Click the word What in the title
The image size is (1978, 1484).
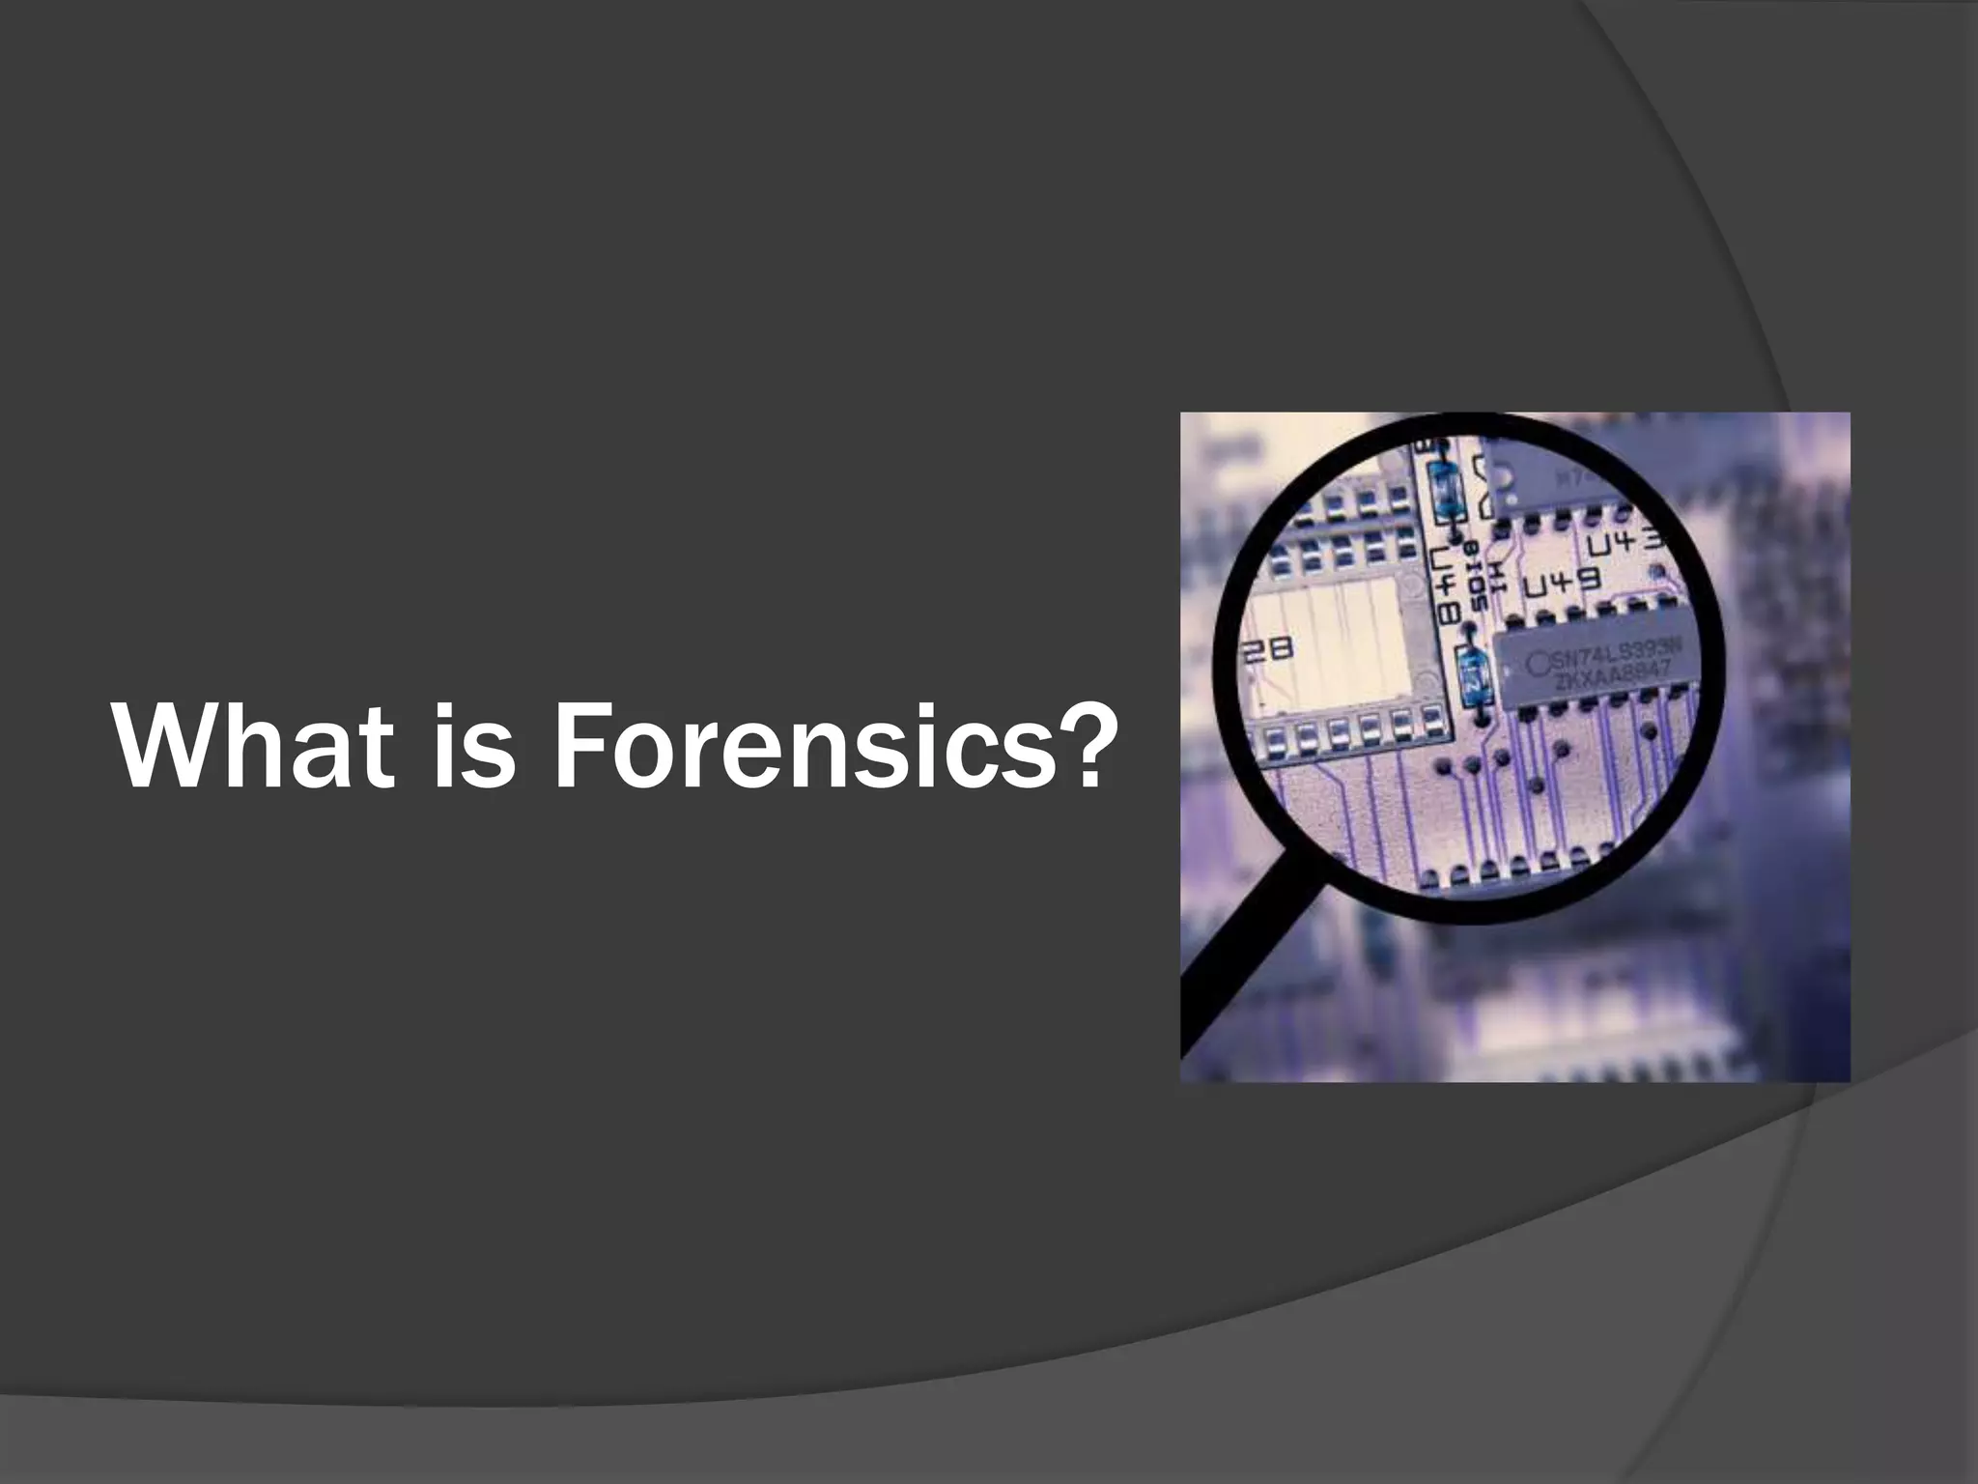[x=254, y=746]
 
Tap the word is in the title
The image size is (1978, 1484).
[x=472, y=746]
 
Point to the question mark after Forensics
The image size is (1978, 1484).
[x=1075, y=744]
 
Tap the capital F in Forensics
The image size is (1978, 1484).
[x=578, y=746]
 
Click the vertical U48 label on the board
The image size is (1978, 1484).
[x=1446, y=585]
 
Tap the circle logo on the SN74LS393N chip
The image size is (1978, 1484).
[x=1538, y=666]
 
